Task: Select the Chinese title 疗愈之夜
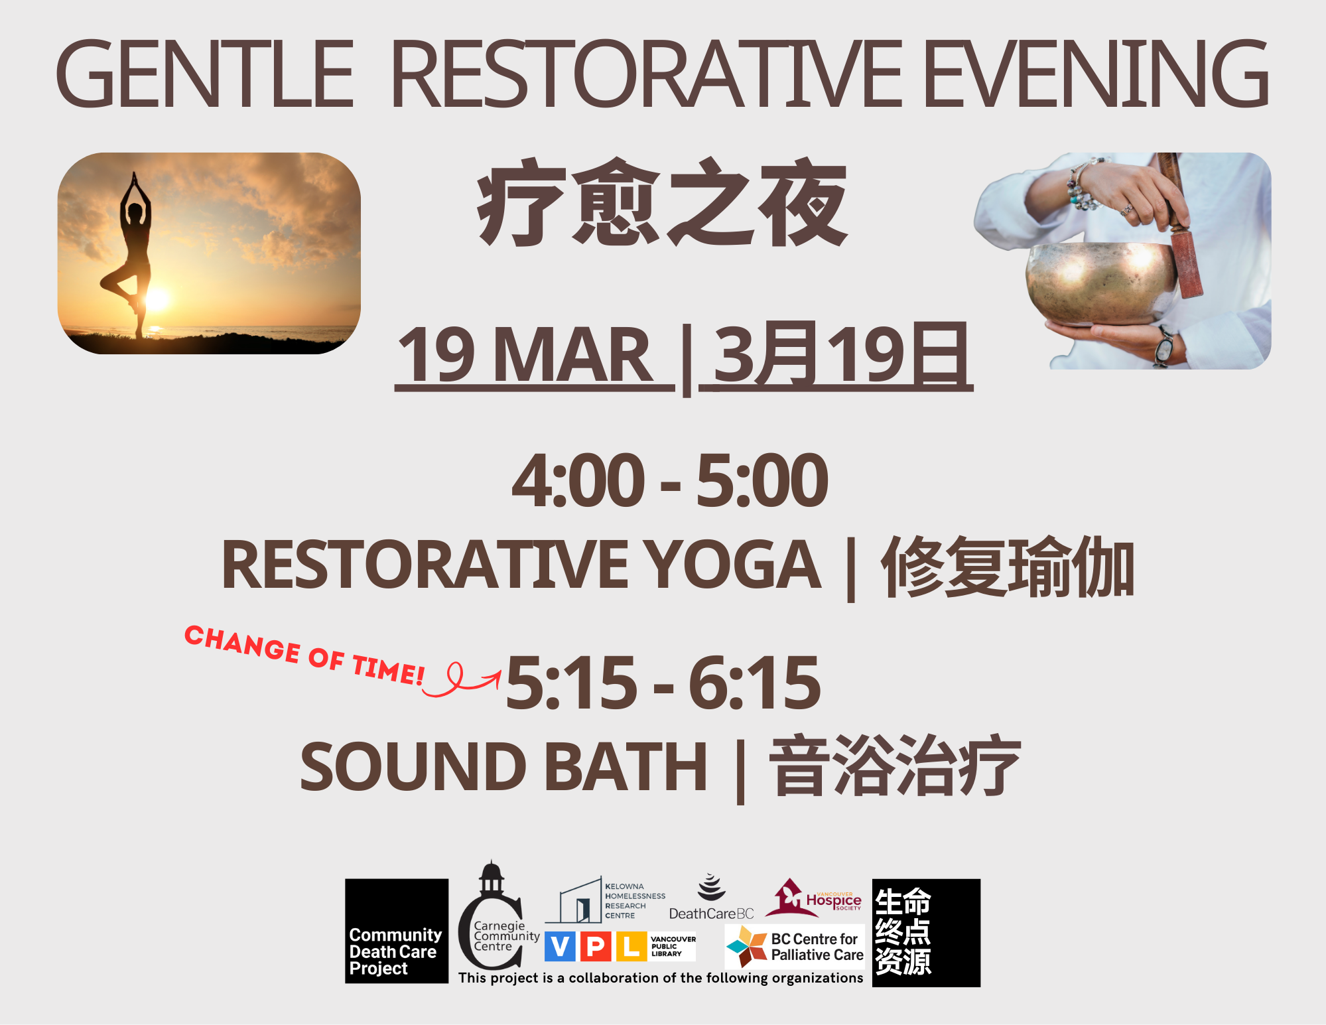click(x=663, y=202)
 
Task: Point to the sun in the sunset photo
click(x=157, y=300)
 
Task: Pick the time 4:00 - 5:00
click(x=670, y=480)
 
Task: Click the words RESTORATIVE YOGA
click(x=521, y=565)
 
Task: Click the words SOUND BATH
click(x=504, y=767)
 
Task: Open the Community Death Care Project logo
click(x=397, y=931)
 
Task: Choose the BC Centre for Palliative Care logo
click(x=795, y=947)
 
